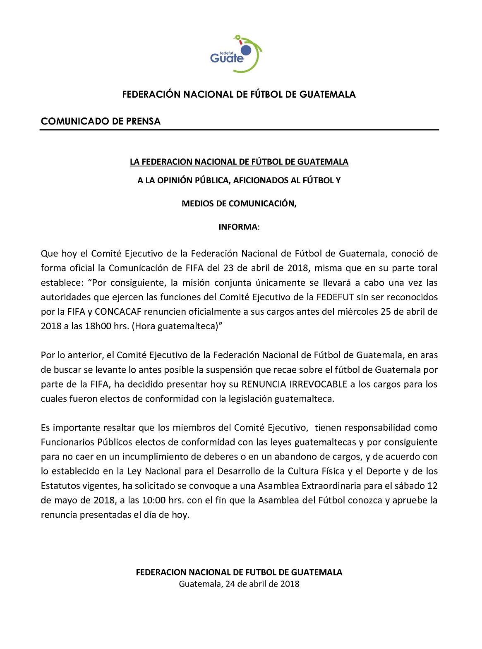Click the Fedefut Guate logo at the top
point(236,54)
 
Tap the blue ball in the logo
point(246,50)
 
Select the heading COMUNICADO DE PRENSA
point(101,122)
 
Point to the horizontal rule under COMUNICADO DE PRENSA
point(239,130)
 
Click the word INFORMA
point(238,227)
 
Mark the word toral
point(426,268)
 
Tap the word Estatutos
point(59,486)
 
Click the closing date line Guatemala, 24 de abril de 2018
point(239,584)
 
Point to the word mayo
point(65,500)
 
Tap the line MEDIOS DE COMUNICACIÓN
point(239,204)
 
